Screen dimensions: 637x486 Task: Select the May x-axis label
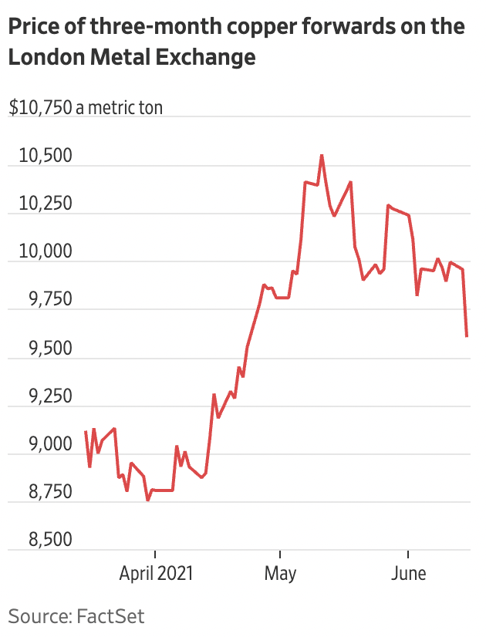[x=280, y=575]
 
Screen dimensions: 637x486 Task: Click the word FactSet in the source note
[x=110, y=616]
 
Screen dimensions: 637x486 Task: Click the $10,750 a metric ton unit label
[x=86, y=108]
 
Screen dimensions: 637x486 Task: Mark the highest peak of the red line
[x=322, y=156]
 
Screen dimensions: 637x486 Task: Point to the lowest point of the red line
[x=148, y=501]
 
